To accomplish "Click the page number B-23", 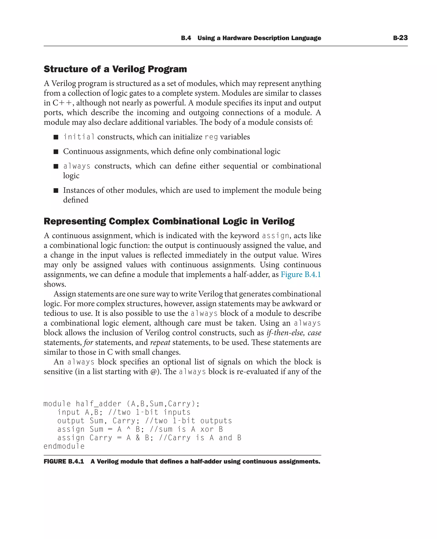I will pyautogui.click(x=400, y=38).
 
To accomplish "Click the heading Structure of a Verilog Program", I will pyautogui.click(x=115, y=69).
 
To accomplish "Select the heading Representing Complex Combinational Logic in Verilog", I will pyautogui.click(x=169, y=221).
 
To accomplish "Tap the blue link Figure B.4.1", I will pyautogui.click(x=301, y=274).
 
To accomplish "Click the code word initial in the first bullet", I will pyautogui.click(x=79, y=137).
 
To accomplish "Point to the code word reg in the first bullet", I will pyautogui.click(x=211, y=137).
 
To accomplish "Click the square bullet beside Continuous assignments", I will pyautogui.click(x=56, y=152).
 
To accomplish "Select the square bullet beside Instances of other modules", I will pyautogui.click(x=56, y=190).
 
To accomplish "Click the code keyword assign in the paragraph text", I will pyautogui.click(x=275, y=236).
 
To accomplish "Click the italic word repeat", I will pyautogui.click(x=160, y=343).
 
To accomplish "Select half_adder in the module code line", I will pyautogui.click(x=99, y=404).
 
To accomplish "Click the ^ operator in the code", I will pyautogui.click(x=129, y=429).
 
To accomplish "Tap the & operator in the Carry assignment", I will pyautogui.click(x=138, y=438).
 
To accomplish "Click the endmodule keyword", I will pyautogui.click(x=64, y=446).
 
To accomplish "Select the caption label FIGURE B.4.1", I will pyautogui.click(x=64, y=462).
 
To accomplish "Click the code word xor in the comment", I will pyautogui.click(x=207, y=429).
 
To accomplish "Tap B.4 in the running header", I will pyautogui.click(x=186, y=38).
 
